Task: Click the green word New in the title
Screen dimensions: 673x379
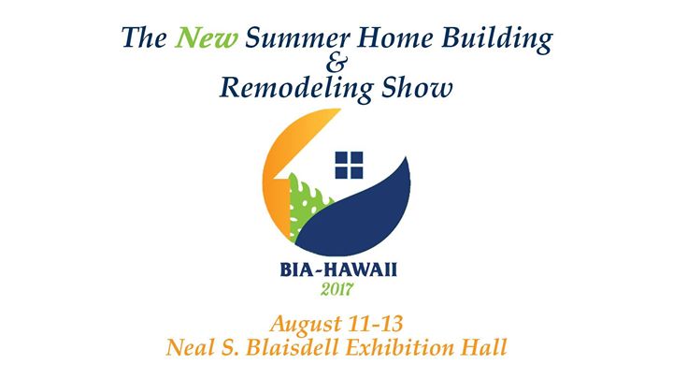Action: pos(206,37)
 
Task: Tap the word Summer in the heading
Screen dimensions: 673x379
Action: pos(297,37)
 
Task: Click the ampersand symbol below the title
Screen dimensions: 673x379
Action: pos(336,64)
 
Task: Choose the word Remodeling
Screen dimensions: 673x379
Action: pos(296,89)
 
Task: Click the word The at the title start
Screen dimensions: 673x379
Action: pos(144,37)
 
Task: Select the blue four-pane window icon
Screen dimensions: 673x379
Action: pos(349,165)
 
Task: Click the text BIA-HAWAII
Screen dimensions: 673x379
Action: pos(338,270)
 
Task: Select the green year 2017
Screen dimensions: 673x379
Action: pos(336,289)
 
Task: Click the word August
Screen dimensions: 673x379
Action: pos(306,325)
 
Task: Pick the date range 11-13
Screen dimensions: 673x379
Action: pos(377,324)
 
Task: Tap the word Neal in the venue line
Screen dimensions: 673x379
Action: pos(188,347)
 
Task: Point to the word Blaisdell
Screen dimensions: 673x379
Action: pos(292,347)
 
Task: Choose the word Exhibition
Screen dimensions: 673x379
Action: pos(399,347)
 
